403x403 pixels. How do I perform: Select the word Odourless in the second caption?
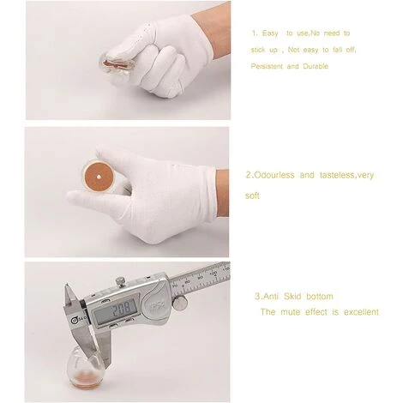pyautogui.click(x=274, y=175)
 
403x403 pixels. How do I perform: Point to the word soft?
pyautogui.click(x=252, y=195)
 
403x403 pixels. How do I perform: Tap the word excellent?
pyautogui.click(x=361, y=312)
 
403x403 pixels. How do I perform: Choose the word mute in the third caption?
pyautogui.click(x=290, y=312)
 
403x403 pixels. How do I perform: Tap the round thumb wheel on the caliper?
pyautogui.click(x=181, y=303)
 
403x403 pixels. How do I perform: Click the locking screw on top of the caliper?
pyautogui.click(x=120, y=281)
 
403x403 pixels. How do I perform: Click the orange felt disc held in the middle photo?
pyautogui.click(x=98, y=177)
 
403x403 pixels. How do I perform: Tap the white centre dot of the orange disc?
pyautogui.click(x=98, y=177)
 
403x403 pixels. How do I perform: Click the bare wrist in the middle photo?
pyautogui.click(x=222, y=193)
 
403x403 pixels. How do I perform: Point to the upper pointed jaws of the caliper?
pyautogui.click(x=70, y=297)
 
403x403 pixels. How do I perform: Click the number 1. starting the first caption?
pyautogui.click(x=255, y=33)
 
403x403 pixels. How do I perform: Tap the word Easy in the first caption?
pyautogui.click(x=270, y=33)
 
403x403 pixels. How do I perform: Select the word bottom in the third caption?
pyautogui.click(x=320, y=297)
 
